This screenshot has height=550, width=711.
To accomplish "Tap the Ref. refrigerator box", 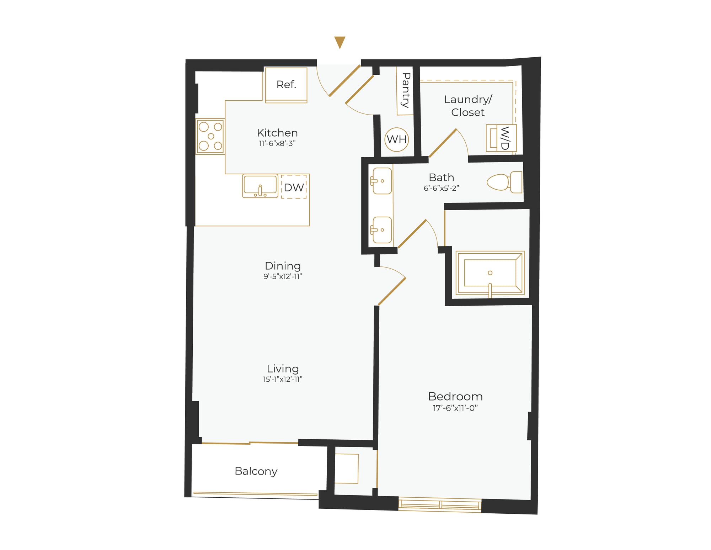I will pos(286,85).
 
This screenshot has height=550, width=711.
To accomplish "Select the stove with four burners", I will pos(210,136).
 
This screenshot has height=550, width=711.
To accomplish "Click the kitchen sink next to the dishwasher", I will pos(260,186).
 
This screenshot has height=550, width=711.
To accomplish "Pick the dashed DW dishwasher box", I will pos(294,187).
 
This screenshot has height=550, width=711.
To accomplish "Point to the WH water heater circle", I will pos(396,139).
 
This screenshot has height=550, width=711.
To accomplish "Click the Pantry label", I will pos(405,90).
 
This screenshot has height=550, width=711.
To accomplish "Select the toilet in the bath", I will pos(504,182).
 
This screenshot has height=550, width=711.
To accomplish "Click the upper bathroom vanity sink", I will pos(382,181).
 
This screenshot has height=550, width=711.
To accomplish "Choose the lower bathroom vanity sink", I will pos(382,230).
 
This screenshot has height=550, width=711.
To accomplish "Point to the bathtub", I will pos(490,273).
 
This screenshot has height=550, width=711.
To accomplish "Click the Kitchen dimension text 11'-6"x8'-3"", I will pos(277,144).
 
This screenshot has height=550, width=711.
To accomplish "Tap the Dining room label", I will pos(283,266).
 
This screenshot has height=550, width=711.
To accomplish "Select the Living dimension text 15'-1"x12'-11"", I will pos(283,379).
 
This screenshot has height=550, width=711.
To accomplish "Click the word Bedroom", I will pos(455,396).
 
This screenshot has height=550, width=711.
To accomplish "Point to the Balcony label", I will pos(256,471).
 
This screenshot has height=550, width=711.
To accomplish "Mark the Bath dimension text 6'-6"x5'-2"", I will pos(441,188).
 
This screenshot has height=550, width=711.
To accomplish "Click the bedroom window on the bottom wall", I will pos(440,505).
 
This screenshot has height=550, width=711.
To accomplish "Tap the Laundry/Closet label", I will pos(468,106).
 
